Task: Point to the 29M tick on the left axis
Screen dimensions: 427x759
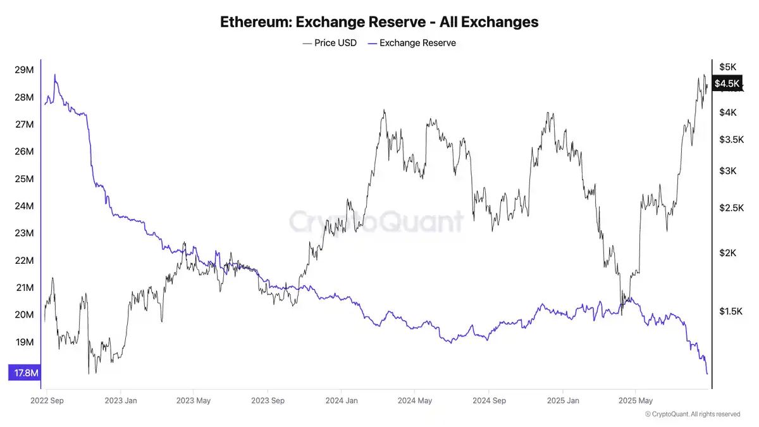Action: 24,70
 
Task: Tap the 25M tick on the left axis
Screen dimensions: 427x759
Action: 24,179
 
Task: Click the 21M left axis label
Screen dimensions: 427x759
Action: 24,288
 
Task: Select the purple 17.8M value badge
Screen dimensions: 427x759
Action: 25,373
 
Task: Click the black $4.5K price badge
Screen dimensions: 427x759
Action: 726,84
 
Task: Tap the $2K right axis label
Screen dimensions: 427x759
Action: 727,253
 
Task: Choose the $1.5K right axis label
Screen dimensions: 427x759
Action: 730,311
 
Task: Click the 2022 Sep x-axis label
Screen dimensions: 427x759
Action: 47,400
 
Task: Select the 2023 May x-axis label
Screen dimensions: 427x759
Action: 194,400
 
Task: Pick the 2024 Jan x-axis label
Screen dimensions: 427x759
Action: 342,400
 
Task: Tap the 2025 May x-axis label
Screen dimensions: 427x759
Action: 636,400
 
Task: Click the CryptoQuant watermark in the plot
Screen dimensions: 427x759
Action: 376,221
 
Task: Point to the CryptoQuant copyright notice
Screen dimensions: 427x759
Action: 693,414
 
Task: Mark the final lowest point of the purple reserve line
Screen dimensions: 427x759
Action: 707,374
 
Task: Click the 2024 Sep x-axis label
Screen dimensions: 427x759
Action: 489,400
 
